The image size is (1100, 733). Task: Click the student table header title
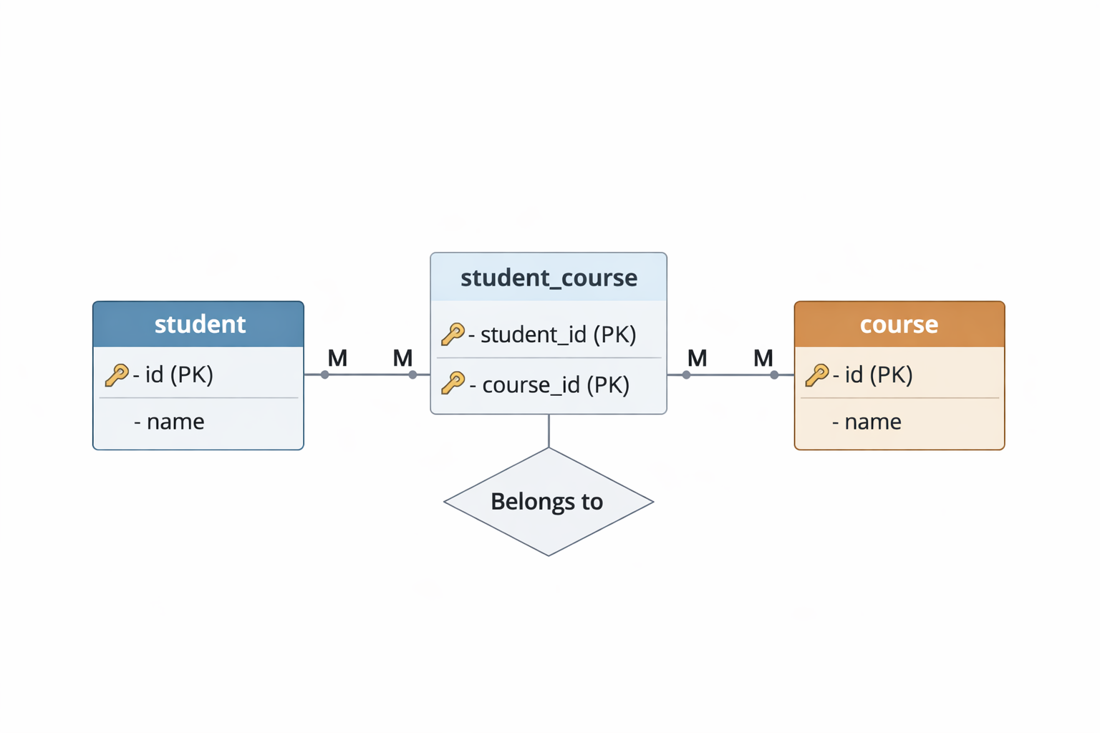[x=200, y=324]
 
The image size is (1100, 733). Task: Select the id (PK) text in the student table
[x=179, y=374]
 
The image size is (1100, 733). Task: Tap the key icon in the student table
[x=117, y=374]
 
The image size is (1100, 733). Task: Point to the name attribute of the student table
[x=175, y=422]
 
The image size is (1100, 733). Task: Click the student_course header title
[x=549, y=278]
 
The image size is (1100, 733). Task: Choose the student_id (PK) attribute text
[x=558, y=334]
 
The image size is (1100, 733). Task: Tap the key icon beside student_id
[x=453, y=334]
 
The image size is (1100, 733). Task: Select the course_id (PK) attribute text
[x=556, y=384]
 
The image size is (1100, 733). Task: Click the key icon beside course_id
[x=453, y=384]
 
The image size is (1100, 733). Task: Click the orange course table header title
[x=899, y=324]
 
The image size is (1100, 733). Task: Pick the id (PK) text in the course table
[x=879, y=374]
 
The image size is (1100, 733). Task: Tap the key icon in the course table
[x=816, y=374]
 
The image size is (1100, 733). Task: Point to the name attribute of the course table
[x=872, y=422]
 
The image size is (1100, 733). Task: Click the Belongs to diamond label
[x=547, y=502]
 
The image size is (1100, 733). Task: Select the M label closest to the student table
[x=337, y=358]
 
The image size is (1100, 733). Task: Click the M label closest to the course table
[x=763, y=358]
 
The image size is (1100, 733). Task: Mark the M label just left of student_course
[x=402, y=358]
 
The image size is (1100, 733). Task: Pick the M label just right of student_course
[x=697, y=358]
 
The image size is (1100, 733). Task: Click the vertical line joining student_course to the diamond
[x=549, y=431]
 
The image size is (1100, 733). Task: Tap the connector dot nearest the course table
[x=774, y=374]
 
